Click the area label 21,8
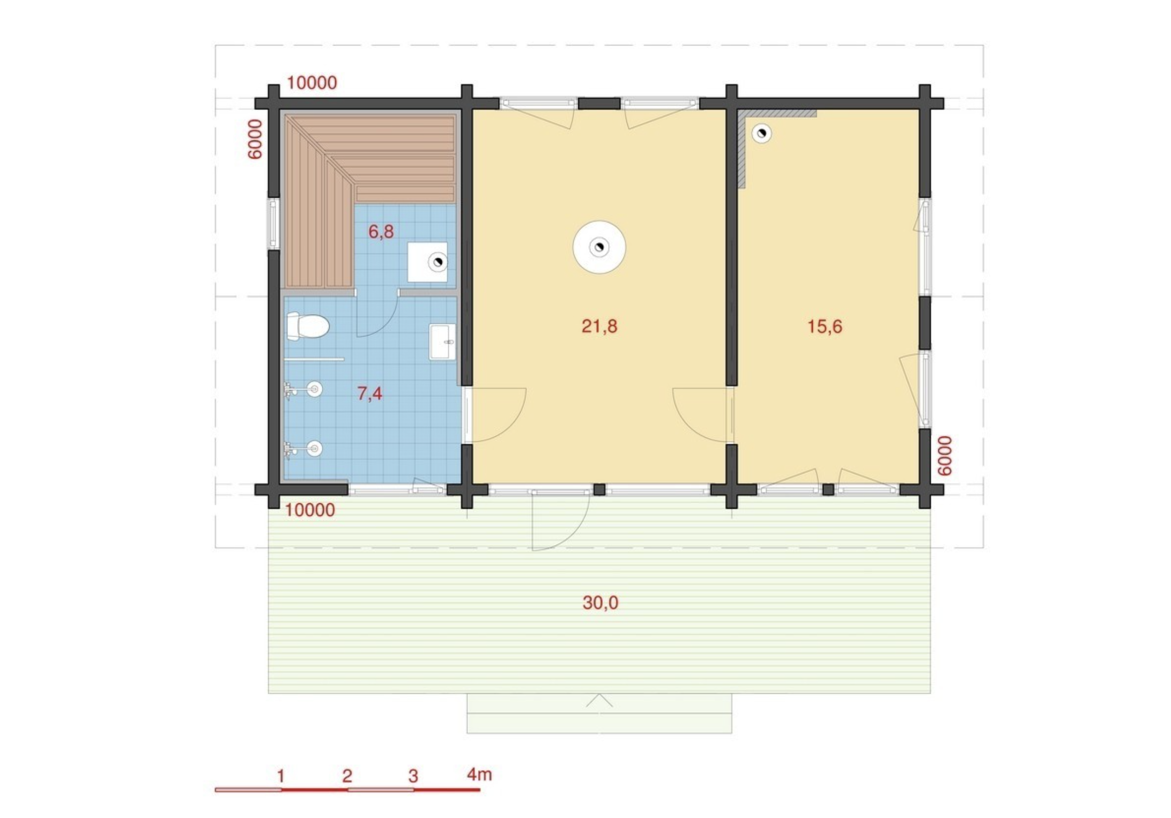pos(599,326)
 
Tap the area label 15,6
pos(825,326)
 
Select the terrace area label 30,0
pos(601,603)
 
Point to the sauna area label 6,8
pos(381,232)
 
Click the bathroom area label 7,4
pos(370,393)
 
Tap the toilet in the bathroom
pos(307,326)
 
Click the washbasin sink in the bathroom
pos(442,341)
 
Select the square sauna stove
pos(427,262)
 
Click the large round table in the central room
pos(599,247)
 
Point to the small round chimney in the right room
pos(761,133)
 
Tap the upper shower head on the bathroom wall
pos(303,389)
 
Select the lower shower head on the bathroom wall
pos(303,449)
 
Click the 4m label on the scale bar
pos(479,774)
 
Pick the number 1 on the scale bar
pos(280,776)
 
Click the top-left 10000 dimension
pos(312,83)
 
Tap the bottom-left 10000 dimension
pos(310,510)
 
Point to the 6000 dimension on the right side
pos(945,456)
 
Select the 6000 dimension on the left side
pos(255,139)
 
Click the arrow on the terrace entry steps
pos(599,701)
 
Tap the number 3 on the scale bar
pos(413,776)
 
